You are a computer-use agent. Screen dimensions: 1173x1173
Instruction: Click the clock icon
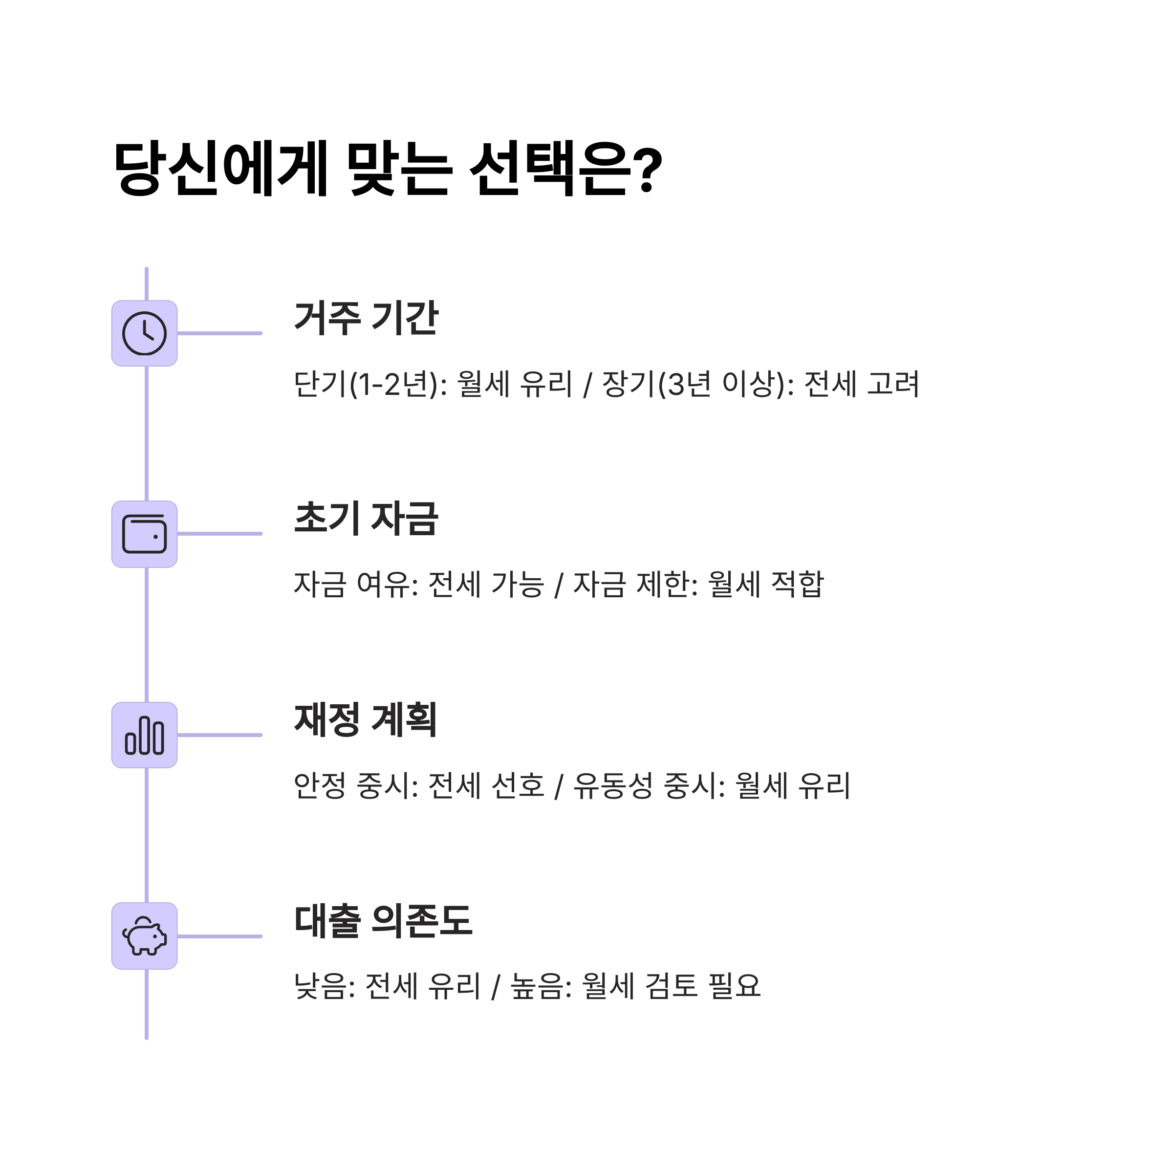pyautogui.click(x=145, y=333)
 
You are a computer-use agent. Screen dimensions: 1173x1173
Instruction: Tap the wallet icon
pyautogui.click(x=145, y=534)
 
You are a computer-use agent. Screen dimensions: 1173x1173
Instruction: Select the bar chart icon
pyautogui.click(x=145, y=735)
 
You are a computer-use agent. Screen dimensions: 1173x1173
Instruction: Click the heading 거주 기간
pyautogui.click(x=366, y=318)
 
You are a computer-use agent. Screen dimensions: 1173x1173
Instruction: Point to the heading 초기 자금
pyautogui.click(x=366, y=519)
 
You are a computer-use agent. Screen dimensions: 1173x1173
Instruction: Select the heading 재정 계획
pyautogui.click(x=366, y=719)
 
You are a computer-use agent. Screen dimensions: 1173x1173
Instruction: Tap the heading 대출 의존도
pyautogui.click(x=383, y=920)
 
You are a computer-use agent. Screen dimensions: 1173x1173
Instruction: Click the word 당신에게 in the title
pyautogui.click(x=221, y=169)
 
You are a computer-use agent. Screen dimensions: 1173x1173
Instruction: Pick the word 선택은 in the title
pyautogui.click(x=549, y=169)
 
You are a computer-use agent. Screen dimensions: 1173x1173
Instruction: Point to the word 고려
pyautogui.click(x=893, y=384)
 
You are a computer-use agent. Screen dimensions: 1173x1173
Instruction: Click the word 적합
pyautogui.click(x=797, y=584)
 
